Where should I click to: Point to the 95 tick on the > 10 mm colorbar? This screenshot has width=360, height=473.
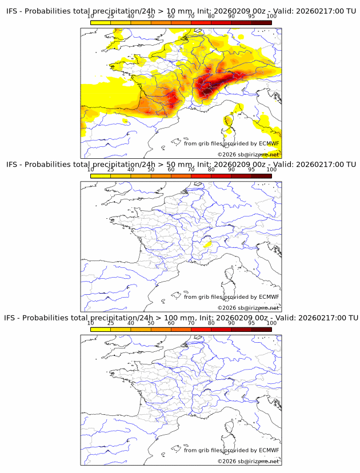[x=252, y=16]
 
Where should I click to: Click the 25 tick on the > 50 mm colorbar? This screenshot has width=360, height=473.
[x=110, y=170]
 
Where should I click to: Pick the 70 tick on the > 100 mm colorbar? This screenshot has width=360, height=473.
[x=191, y=323]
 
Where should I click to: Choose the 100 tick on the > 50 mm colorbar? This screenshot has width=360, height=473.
[x=271, y=170]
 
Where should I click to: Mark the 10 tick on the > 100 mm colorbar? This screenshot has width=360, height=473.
[x=90, y=323]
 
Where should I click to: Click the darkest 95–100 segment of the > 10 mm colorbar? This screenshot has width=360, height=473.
[x=262, y=22]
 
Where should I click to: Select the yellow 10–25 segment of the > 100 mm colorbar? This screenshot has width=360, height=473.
[x=101, y=329]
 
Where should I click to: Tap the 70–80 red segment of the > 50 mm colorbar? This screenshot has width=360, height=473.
[x=201, y=176]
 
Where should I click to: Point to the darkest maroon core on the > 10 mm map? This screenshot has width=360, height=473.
[x=207, y=90]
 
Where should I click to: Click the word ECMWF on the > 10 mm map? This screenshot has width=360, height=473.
[x=269, y=143]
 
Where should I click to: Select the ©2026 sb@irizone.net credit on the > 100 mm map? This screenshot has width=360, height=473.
[x=248, y=461]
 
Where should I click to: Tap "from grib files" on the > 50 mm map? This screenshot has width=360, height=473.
[x=203, y=296]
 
